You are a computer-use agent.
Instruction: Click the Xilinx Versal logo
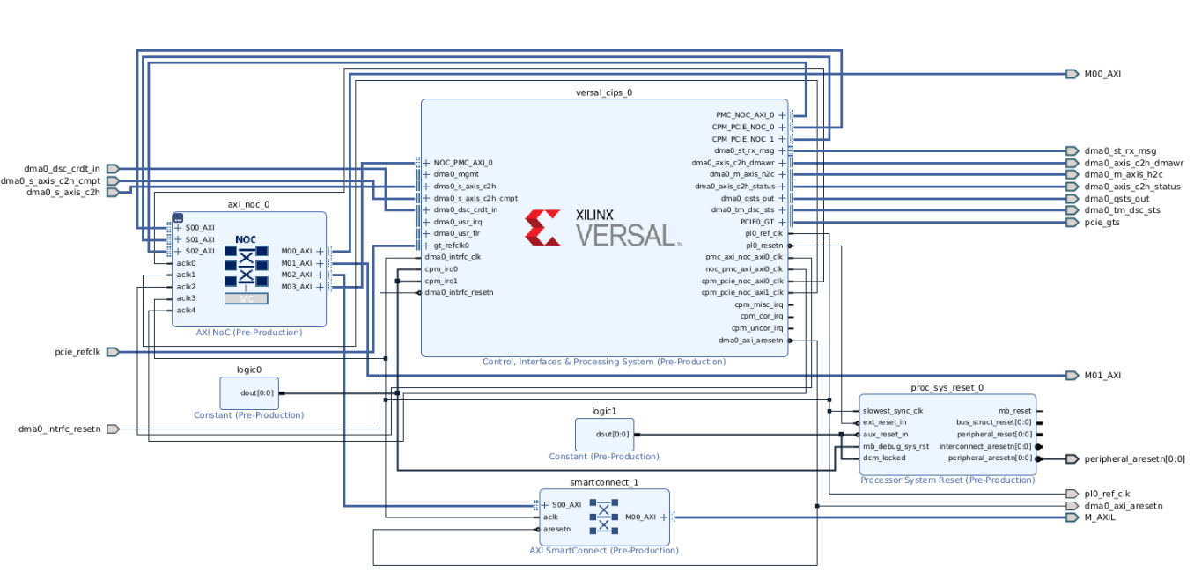[603, 227]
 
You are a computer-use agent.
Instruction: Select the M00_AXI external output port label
[1102, 74]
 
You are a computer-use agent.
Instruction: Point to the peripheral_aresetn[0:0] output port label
[1134, 458]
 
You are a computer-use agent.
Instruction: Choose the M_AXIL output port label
[1101, 517]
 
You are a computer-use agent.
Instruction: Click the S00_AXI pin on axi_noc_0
[199, 228]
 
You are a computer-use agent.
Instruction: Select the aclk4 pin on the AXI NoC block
[185, 310]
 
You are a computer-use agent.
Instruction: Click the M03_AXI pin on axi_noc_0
[297, 286]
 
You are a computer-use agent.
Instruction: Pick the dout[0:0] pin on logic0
[256, 393]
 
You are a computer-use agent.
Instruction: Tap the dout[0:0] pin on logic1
[612, 434]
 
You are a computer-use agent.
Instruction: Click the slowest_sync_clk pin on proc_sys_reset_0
[892, 411]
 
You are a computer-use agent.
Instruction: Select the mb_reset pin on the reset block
[1014, 411]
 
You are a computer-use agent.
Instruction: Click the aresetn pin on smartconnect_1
[556, 530]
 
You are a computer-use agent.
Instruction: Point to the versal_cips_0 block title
[603, 92]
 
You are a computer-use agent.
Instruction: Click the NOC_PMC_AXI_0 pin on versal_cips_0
[462, 163]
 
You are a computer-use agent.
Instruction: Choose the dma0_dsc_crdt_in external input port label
[62, 168]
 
